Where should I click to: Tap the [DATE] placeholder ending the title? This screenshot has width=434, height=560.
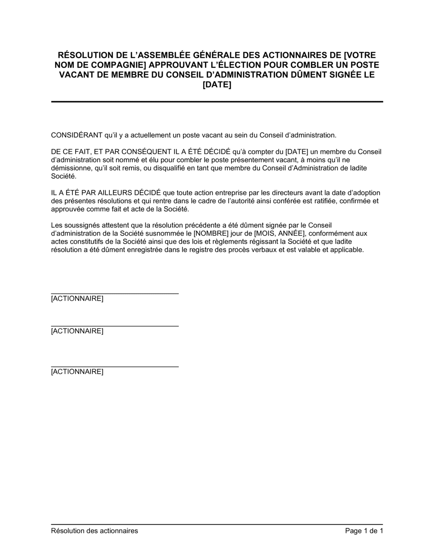coord(217,85)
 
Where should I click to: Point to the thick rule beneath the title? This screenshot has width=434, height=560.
coord(217,102)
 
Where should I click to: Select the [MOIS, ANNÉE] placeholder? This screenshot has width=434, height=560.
coord(279,233)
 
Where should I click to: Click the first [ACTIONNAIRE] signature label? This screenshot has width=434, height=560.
coord(77,299)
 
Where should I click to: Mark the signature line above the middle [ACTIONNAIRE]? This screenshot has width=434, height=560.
coord(115,326)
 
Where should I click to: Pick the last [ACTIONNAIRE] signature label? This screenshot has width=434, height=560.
coord(77,372)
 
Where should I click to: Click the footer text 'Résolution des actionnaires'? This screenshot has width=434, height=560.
coord(95,530)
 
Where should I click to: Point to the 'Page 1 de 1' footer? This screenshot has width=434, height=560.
coord(364,530)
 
